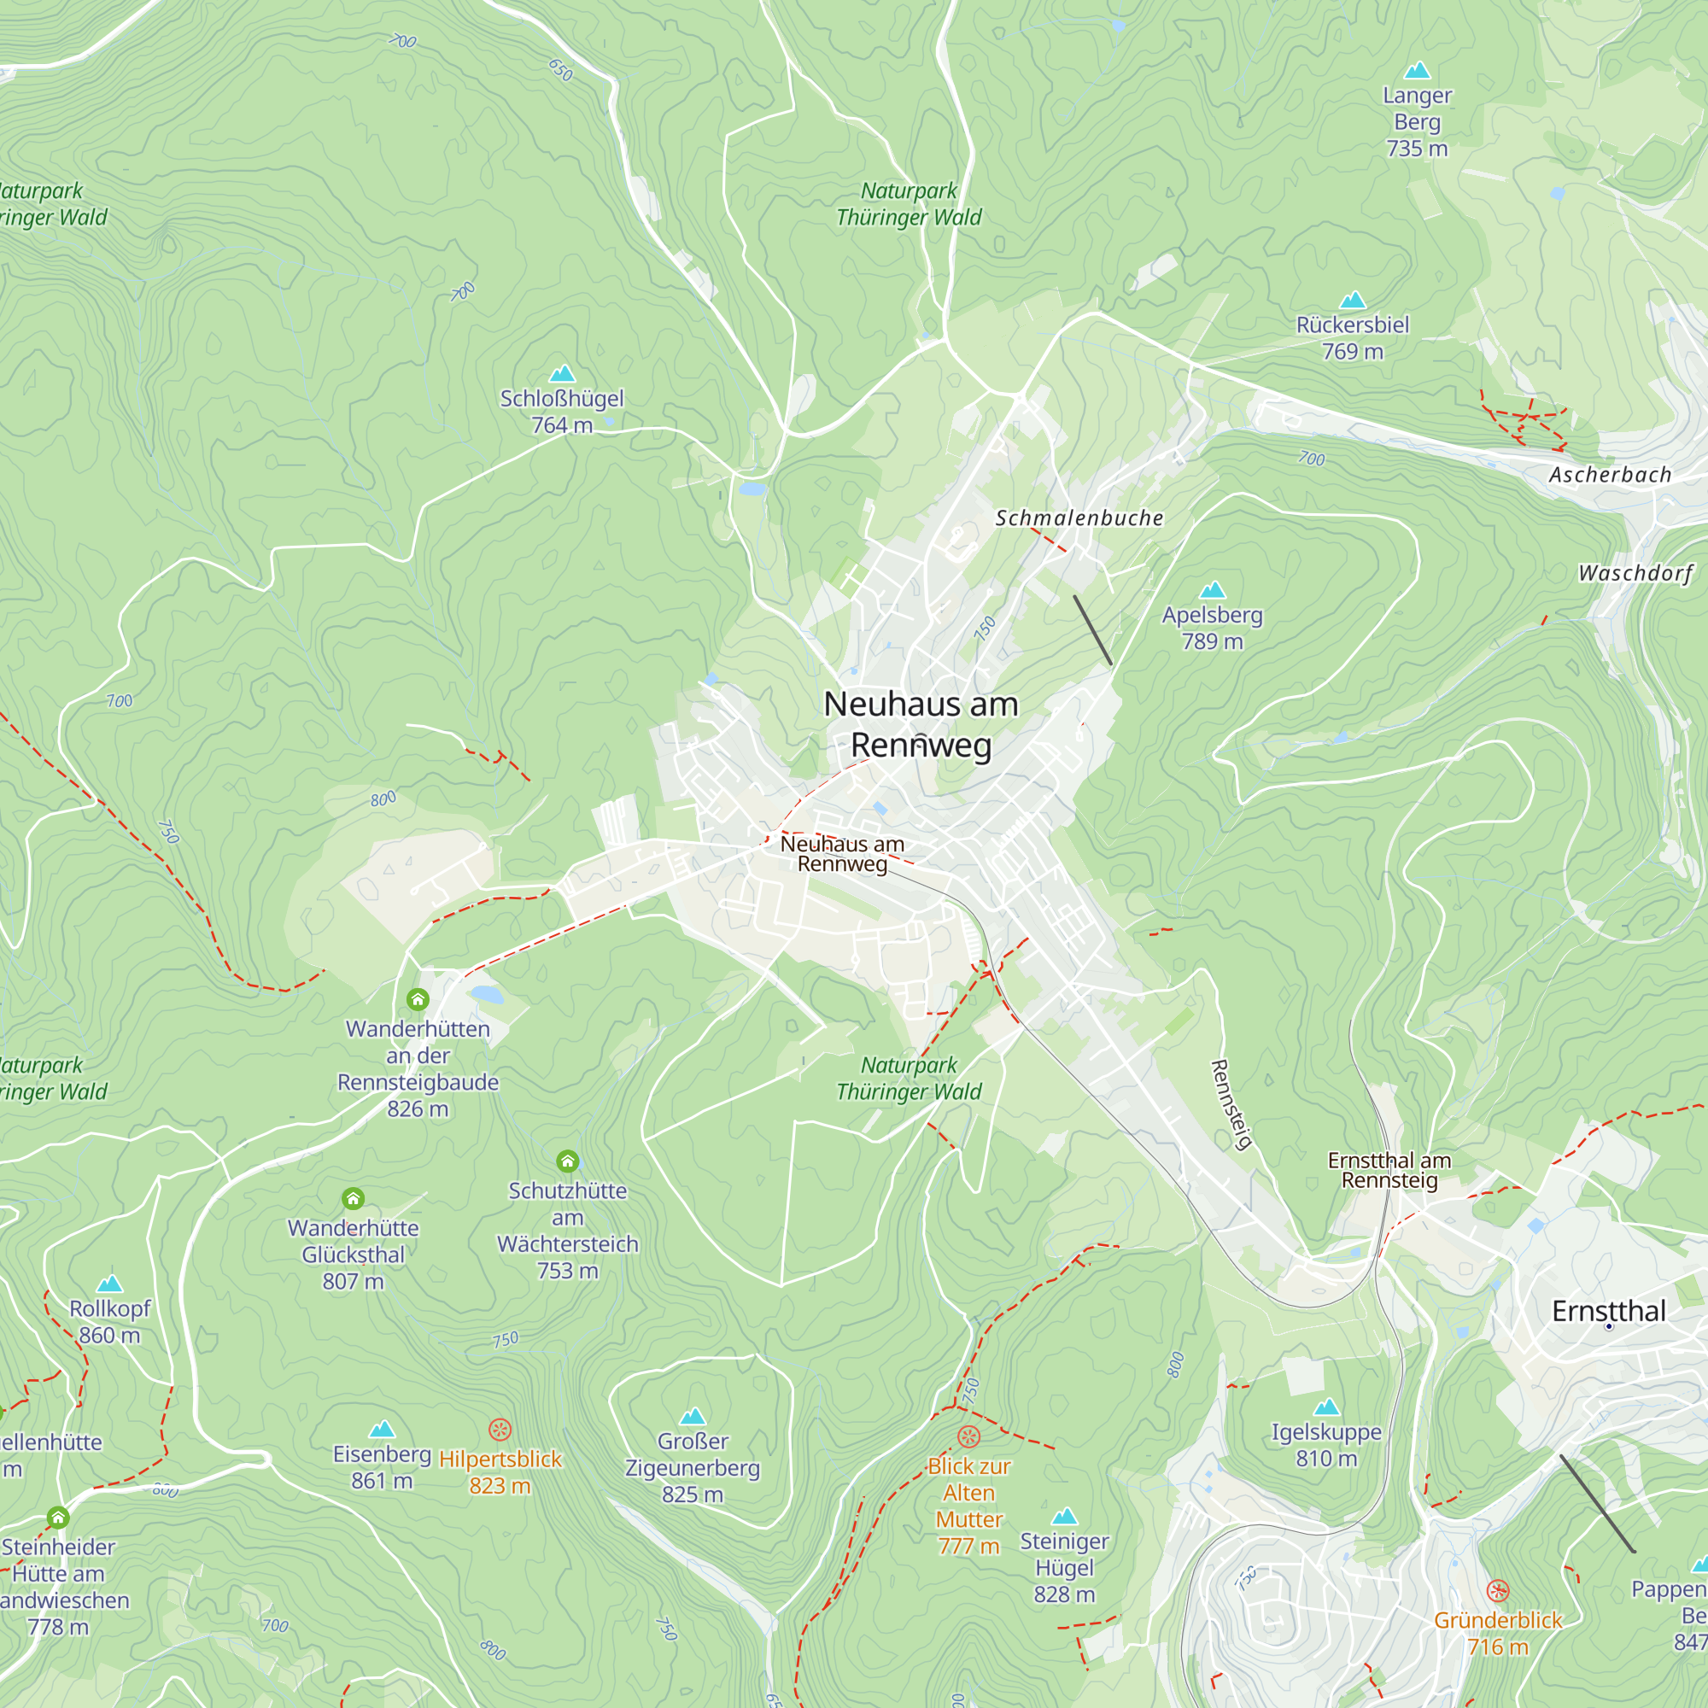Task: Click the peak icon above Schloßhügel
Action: tap(562, 374)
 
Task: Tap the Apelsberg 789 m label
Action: tap(1212, 628)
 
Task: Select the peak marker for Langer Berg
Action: tap(1417, 71)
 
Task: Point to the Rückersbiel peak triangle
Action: tap(1353, 301)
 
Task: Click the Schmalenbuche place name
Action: tap(1079, 518)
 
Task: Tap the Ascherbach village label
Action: tap(1610, 475)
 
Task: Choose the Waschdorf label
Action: tap(1635, 573)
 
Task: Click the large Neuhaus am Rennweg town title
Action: tap(921, 724)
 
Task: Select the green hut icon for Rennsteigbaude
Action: tap(418, 999)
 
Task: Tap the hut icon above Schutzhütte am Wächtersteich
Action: tap(568, 1161)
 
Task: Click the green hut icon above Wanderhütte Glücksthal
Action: tap(353, 1199)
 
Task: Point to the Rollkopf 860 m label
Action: tap(109, 1322)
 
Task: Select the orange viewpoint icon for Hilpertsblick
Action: tap(500, 1430)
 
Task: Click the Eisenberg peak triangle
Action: tap(382, 1430)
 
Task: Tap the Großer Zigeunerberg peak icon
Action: tap(693, 1417)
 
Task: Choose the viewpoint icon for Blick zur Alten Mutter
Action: tap(969, 1436)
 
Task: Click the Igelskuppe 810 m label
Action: tap(1326, 1445)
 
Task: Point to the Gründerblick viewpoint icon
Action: tap(1498, 1591)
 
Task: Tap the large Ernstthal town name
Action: tap(1609, 1311)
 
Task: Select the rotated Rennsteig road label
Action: tap(1231, 1105)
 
